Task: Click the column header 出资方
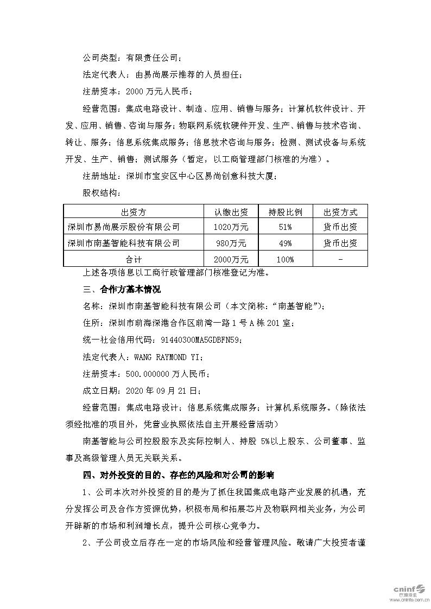[x=134, y=212]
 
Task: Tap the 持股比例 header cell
[x=286, y=212]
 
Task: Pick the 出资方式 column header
[x=340, y=212]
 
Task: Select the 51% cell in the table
[x=286, y=227]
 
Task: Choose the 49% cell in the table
[x=286, y=243]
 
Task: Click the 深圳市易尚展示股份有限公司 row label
[x=123, y=227]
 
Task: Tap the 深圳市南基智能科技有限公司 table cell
[x=123, y=243]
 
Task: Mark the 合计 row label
[x=134, y=260]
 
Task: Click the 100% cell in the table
[x=286, y=260]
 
